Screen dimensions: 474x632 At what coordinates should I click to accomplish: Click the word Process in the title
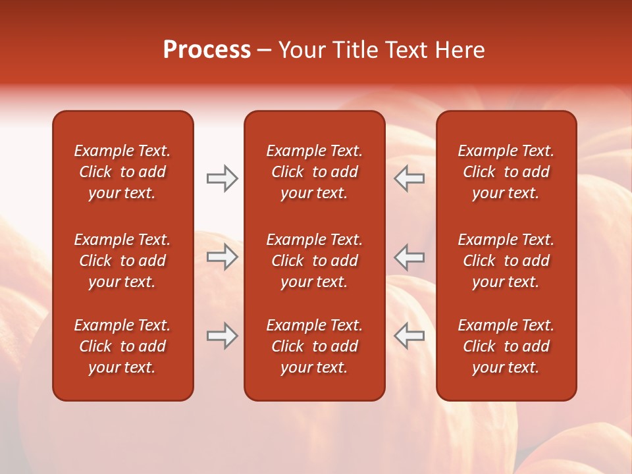[x=207, y=50]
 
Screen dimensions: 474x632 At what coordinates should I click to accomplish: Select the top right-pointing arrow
[x=222, y=178]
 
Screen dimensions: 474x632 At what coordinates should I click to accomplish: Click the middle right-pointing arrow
[x=222, y=257]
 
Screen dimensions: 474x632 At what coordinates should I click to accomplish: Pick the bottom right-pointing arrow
[x=222, y=336]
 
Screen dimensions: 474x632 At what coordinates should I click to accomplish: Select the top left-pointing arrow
[x=409, y=178]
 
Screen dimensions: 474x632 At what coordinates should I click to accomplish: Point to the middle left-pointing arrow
[x=409, y=257]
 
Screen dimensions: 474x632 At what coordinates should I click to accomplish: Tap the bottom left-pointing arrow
[x=409, y=336]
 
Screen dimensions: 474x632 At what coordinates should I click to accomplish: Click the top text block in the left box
[x=122, y=172]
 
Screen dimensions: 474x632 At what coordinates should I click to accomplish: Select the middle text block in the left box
[x=122, y=261]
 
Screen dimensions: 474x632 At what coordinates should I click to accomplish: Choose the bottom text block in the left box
[x=122, y=346]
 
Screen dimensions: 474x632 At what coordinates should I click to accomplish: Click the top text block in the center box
[x=314, y=172]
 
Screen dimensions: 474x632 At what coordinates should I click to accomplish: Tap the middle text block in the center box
[x=314, y=261]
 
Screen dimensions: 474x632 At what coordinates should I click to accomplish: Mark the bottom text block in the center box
[x=314, y=346]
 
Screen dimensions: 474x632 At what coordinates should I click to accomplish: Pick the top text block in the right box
[x=506, y=172]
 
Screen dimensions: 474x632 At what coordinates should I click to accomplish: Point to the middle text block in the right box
[x=506, y=261]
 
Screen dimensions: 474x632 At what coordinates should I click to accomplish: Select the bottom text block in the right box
[x=506, y=346]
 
